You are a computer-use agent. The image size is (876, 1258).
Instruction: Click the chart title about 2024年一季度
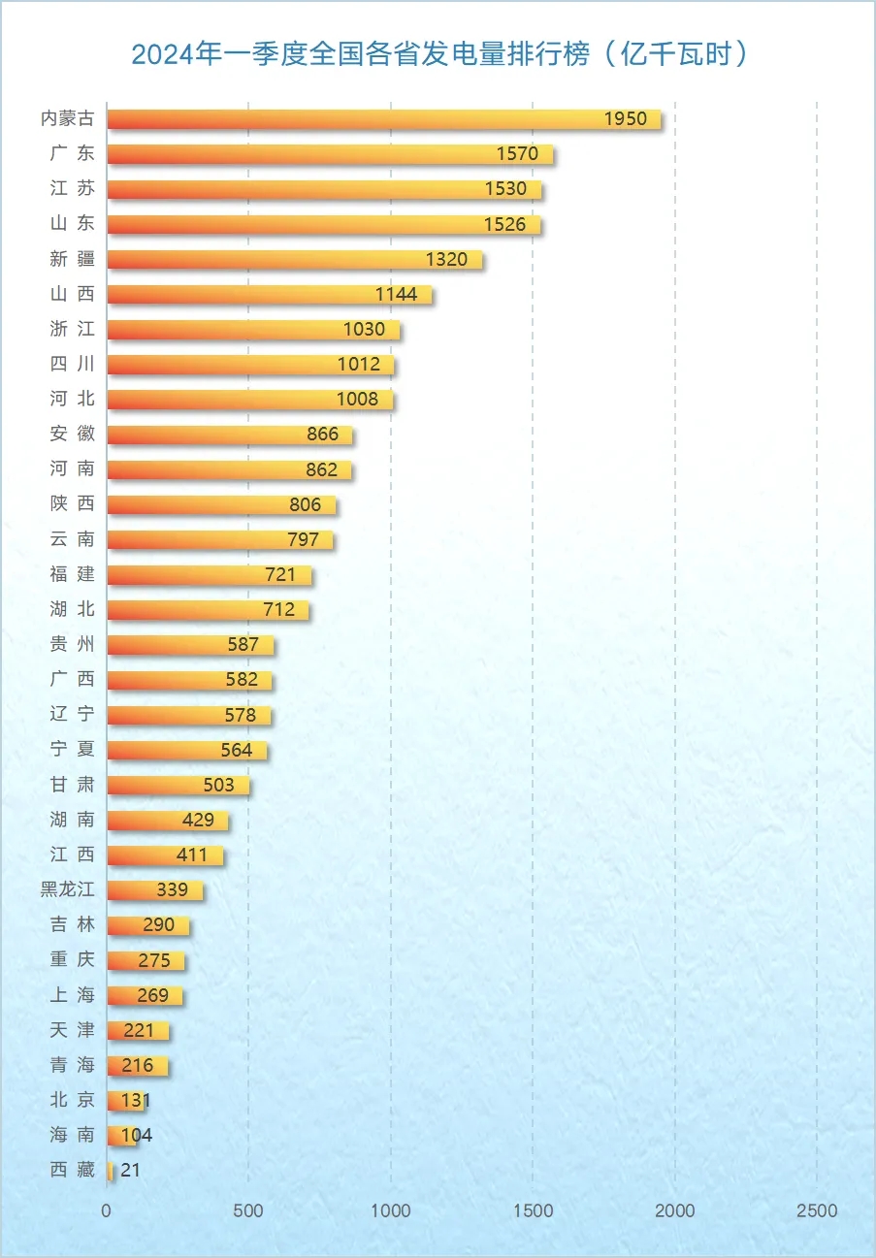[440, 54]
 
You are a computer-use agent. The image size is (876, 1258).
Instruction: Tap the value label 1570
[517, 154]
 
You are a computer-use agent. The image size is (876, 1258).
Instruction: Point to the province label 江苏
[73, 189]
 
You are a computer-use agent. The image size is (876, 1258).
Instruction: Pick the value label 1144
[396, 295]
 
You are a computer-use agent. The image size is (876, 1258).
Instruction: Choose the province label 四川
[73, 365]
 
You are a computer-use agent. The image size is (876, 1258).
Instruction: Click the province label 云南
[73, 539]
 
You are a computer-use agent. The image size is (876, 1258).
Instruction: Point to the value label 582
[242, 680]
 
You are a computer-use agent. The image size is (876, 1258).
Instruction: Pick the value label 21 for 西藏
[131, 1171]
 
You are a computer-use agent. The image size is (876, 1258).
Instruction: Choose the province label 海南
[73, 1135]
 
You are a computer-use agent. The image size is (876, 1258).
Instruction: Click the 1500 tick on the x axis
[533, 1210]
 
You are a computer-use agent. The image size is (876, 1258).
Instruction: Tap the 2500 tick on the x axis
[816, 1210]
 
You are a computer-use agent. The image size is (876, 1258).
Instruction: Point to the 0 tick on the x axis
[107, 1210]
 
